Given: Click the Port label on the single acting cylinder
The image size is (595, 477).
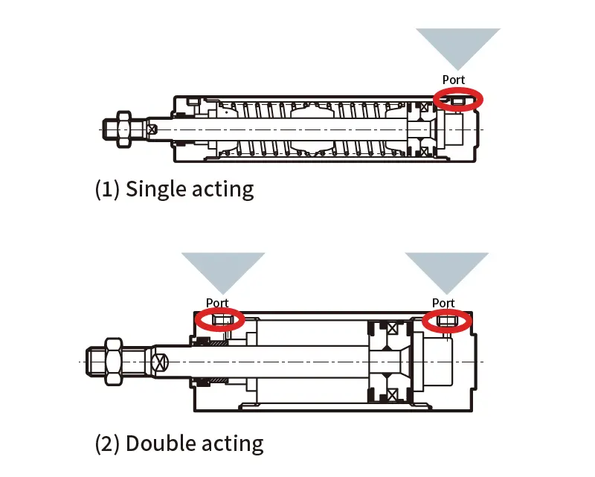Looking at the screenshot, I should click(x=454, y=80).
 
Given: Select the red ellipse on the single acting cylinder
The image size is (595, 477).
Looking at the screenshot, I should click(x=458, y=98).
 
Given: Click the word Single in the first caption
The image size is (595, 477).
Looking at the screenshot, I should click(x=157, y=189).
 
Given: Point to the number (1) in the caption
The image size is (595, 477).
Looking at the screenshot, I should click(x=108, y=189).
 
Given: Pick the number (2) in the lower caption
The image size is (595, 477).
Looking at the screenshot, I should click(x=108, y=444).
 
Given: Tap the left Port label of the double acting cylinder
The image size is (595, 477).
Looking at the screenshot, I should click(x=217, y=303).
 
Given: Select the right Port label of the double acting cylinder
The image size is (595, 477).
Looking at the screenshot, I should click(x=443, y=303).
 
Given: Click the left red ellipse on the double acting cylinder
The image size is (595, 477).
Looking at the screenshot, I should click(x=219, y=319).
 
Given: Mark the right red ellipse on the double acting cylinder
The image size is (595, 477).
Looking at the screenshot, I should click(x=447, y=320).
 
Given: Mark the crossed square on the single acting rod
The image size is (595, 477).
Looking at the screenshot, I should click(x=152, y=129).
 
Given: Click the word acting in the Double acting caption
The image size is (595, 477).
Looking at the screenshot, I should click(x=229, y=444).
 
